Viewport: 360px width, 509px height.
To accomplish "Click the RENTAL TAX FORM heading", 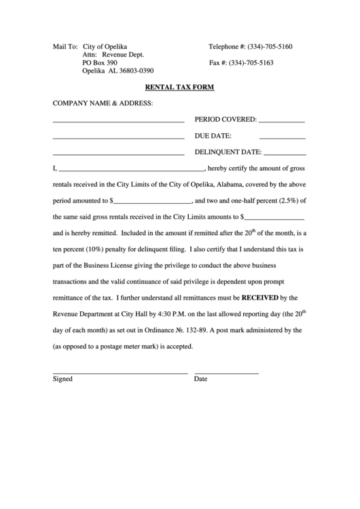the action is pos(179,87).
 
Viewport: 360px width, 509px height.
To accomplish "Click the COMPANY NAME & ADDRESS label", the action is pos(103,103).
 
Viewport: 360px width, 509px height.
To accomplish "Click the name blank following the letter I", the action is pos(131,169).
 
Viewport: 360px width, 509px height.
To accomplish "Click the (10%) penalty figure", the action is pos(95,249).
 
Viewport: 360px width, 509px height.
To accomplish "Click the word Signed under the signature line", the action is pos(62,379).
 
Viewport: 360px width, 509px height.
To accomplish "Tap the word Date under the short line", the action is pos(200,379).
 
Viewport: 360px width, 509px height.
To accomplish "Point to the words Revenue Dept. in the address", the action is pos(124,55).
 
